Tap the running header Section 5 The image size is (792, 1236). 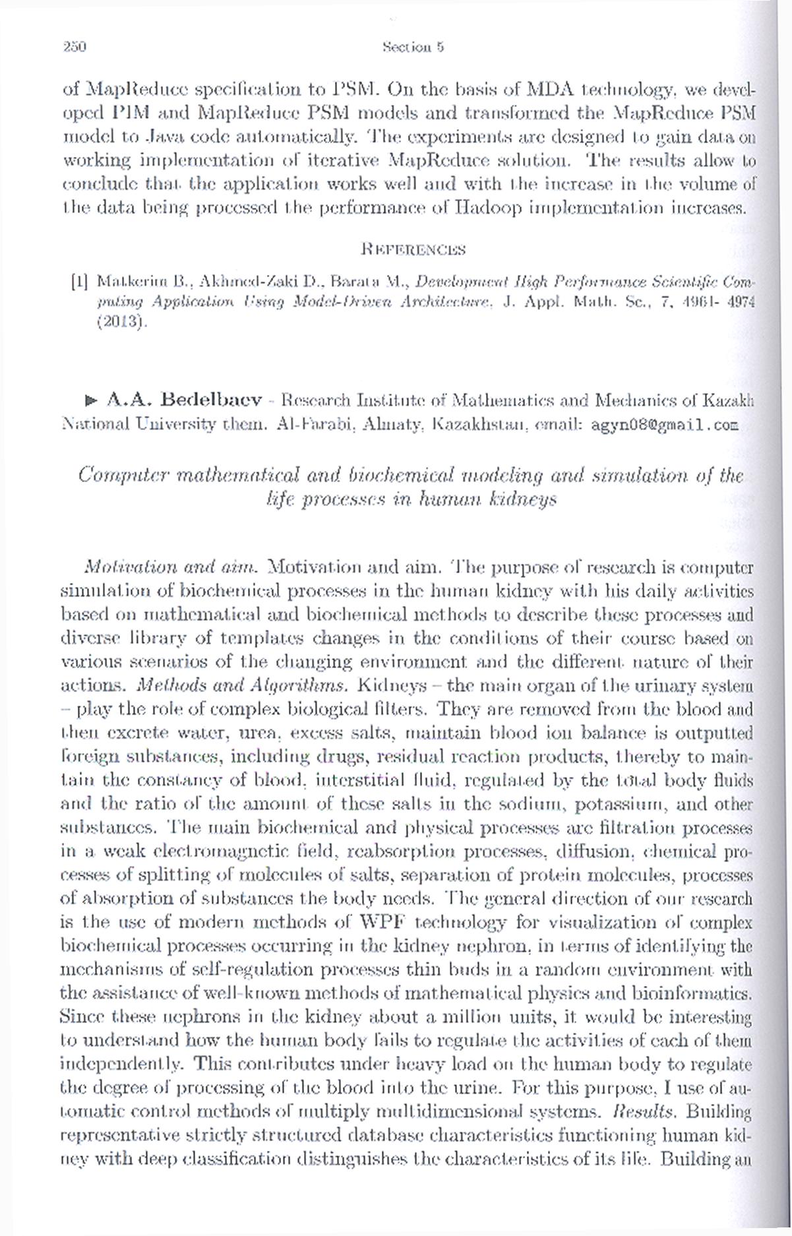click(413, 47)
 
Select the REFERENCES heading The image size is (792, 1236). click(413, 250)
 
